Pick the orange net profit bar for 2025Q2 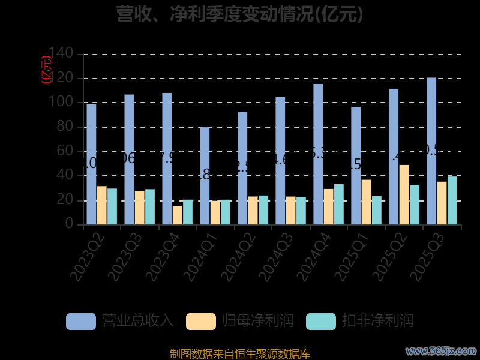point(404,195)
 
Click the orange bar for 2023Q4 point(177,215)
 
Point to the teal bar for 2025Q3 point(452,200)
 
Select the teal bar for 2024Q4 point(338,205)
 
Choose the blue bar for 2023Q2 point(91,164)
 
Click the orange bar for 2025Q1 point(366,202)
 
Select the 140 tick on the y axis point(61,54)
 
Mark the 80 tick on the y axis point(66,127)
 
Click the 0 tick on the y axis point(70,224)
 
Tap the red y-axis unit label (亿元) point(46,70)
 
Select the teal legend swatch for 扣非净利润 point(321,322)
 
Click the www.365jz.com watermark point(441,350)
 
